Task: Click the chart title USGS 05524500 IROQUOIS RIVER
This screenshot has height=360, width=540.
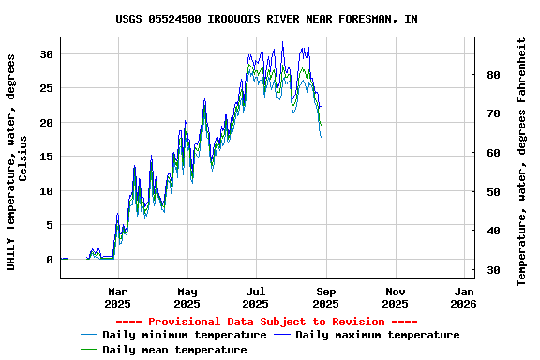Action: coord(267,19)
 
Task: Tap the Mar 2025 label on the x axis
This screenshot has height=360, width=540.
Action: coord(118,297)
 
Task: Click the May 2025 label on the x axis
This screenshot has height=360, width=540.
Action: coord(187,297)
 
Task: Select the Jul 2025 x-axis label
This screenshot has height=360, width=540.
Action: coord(256,297)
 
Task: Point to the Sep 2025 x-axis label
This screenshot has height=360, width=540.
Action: coord(326,297)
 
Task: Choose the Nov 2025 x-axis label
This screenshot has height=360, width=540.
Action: coord(395,297)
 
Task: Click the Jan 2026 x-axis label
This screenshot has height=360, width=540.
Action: coord(463,297)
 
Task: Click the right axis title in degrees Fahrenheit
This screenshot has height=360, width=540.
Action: coord(521,161)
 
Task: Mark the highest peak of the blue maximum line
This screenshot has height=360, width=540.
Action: coord(282,41)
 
